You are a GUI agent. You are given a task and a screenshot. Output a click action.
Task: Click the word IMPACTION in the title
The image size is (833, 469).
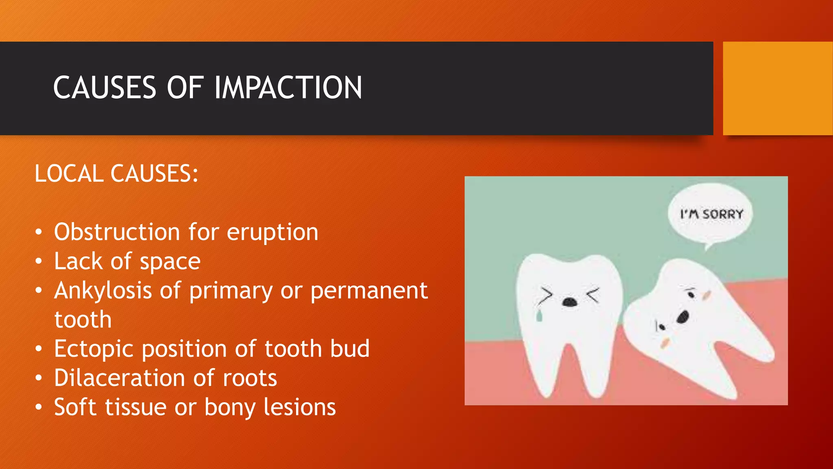pos(288,88)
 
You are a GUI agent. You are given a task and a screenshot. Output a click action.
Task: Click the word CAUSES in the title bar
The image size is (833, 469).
pos(105,88)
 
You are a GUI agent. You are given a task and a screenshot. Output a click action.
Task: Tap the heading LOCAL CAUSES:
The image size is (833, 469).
pos(116,174)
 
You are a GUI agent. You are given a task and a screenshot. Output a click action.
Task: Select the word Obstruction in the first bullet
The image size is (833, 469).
pos(117,232)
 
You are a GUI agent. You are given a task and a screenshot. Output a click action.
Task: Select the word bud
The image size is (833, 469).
pos(349,349)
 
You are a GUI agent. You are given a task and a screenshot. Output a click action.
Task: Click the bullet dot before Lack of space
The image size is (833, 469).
pos(39,261)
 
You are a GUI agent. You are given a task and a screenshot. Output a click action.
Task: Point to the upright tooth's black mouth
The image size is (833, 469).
pos(569,302)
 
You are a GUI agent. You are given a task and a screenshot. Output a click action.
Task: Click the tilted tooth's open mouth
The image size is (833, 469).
pos(683,317)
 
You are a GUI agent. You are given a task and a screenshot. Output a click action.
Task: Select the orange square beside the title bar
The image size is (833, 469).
pos(777,88)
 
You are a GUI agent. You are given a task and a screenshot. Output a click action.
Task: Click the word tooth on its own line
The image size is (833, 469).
pos(83,320)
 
